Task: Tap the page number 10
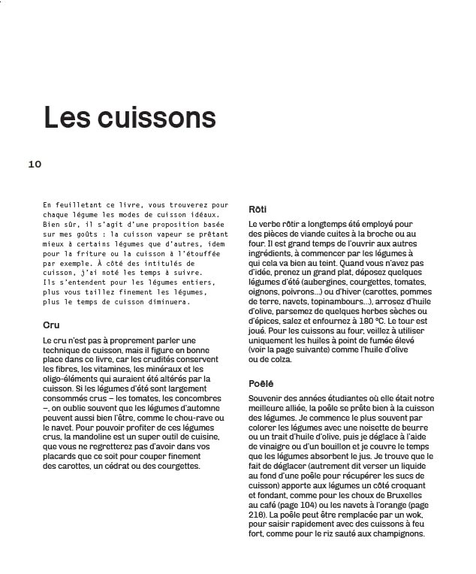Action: (35, 164)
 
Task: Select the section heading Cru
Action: (51, 325)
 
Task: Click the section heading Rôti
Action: (258, 209)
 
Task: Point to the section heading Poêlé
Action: (261, 384)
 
